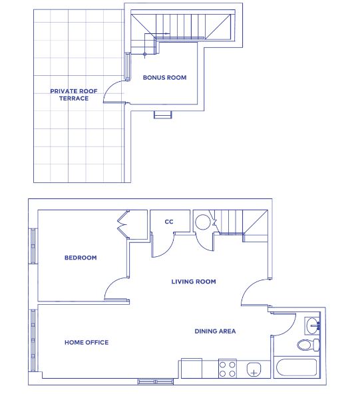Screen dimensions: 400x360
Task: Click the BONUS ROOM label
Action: click(164, 78)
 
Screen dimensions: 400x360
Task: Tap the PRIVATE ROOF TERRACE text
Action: click(69, 95)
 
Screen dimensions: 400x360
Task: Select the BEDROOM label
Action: click(81, 258)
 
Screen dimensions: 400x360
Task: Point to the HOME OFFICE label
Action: click(87, 343)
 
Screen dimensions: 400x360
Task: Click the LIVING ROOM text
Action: click(194, 282)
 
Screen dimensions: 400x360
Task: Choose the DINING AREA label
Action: click(215, 331)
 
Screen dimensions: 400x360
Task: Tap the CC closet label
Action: click(169, 222)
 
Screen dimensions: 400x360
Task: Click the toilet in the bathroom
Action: click(307, 345)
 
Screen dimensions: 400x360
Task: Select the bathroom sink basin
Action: click(312, 326)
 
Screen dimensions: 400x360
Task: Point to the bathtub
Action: click(298, 369)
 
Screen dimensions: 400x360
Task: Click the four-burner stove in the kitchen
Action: click(228, 369)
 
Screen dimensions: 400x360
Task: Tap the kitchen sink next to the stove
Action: click(254, 369)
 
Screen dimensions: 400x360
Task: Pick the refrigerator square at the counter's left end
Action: click(190, 369)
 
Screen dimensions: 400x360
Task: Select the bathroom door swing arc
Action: click(281, 324)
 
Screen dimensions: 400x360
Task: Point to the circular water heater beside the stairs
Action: click(202, 222)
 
